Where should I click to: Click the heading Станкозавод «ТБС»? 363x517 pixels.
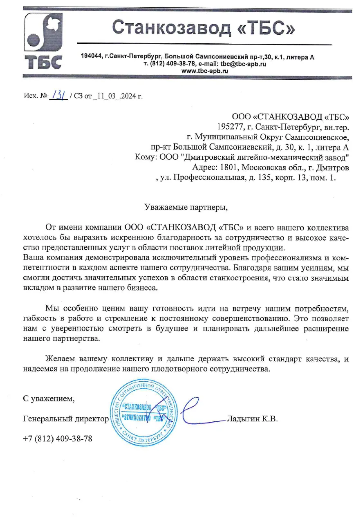pos(203,28)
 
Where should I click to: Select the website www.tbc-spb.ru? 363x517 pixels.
pos(204,71)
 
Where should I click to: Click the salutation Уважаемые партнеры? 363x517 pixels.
pos(186,207)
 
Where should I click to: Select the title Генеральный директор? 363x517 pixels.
pos(66,419)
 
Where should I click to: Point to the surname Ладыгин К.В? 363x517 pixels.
pos(252,419)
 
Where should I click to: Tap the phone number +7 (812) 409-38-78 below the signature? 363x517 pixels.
pos(58,439)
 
